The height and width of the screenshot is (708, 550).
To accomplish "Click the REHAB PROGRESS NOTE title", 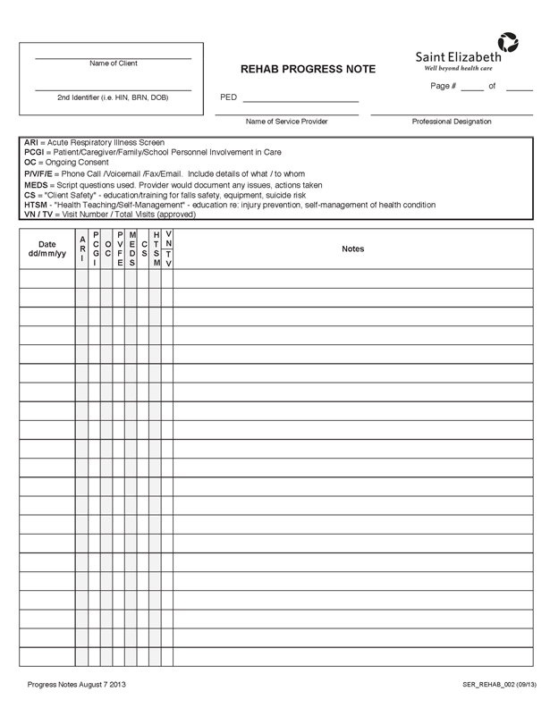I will coord(309,70).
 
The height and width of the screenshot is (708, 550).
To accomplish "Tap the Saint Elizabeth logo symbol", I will coord(508,42).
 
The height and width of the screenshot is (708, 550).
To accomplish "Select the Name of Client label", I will coord(114,63).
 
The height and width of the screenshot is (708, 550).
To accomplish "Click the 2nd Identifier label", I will coord(113,97).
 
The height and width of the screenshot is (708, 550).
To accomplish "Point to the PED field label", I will coord(228,97).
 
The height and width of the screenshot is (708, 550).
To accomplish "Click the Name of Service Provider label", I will coord(286,122).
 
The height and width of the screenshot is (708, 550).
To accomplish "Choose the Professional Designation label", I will coord(452,122).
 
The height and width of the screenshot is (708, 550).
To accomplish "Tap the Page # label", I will coord(444,86).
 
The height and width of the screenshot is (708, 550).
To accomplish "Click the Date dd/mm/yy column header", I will coord(47,249).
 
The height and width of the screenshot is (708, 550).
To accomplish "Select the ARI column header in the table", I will coord(82,249).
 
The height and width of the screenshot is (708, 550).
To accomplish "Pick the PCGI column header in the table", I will coord(95,249).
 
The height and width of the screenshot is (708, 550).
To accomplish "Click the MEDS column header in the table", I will coord(132,249).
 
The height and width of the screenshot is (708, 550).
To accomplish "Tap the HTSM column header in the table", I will coord(157,249).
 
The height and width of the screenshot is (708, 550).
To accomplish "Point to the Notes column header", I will coord(353,249).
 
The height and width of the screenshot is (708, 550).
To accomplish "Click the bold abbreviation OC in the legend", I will coord(30,163).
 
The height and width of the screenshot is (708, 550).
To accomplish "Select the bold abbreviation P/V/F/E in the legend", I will coord(39,173).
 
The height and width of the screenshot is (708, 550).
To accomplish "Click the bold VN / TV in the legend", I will coord(38,215).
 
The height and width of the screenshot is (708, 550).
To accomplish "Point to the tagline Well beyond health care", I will coord(458,68).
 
